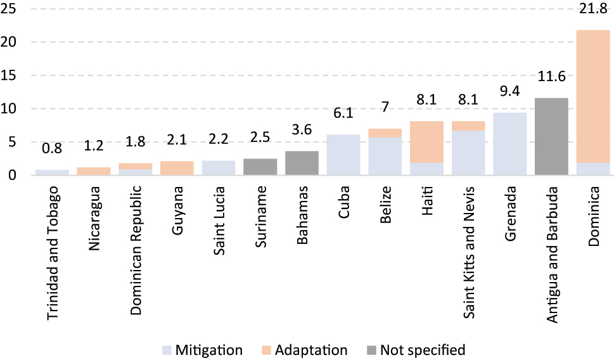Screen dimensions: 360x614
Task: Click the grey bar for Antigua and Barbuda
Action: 551,136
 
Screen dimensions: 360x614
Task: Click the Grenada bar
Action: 509,144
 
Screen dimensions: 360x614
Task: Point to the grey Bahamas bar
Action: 301,163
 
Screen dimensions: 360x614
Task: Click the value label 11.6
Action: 551,78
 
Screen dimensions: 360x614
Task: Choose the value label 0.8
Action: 52,150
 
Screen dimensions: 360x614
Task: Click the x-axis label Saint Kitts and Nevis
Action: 469,252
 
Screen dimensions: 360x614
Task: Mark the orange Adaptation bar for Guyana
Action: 177,168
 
